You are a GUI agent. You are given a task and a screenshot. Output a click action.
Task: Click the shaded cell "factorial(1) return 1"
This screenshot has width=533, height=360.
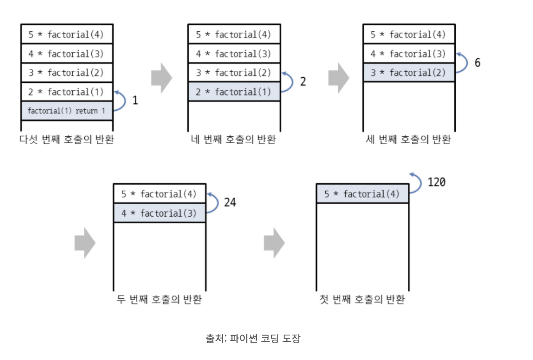(x=67, y=111)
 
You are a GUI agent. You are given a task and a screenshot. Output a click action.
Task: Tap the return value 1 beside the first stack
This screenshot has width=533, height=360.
(x=135, y=100)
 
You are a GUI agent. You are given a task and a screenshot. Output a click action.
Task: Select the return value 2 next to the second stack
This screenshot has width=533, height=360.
(x=303, y=82)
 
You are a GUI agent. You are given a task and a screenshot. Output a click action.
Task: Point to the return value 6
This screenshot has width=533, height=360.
(x=478, y=62)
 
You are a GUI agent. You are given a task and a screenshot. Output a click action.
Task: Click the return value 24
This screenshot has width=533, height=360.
(x=230, y=202)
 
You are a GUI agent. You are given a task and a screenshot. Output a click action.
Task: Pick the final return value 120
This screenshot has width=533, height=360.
(x=437, y=182)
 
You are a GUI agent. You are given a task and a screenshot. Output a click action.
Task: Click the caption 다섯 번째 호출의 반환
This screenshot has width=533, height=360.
(x=67, y=139)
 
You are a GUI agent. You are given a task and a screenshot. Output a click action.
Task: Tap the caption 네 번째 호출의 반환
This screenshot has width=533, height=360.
(x=233, y=139)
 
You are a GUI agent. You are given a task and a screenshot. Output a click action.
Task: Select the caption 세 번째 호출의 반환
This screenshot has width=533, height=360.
(x=408, y=139)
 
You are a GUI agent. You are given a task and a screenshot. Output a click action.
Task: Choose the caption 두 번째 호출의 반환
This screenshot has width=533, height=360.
(x=159, y=299)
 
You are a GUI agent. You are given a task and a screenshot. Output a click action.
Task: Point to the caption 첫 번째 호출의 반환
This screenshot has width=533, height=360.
(x=362, y=299)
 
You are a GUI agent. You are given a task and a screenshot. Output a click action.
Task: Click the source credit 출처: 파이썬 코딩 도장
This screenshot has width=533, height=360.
(x=253, y=339)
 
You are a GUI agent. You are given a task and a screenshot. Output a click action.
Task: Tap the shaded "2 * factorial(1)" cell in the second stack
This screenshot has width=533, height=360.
(x=234, y=92)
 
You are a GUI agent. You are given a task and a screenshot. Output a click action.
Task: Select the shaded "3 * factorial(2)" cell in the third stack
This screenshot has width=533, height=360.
(x=409, y=72)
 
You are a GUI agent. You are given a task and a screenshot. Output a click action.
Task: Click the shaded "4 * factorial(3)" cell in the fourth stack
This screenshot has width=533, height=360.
(x=160, y=213)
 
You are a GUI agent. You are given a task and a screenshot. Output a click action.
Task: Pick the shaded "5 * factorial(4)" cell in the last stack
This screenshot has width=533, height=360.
(x=362, y=194)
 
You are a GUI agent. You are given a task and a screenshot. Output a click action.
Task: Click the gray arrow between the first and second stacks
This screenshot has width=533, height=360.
(x=162, y=78)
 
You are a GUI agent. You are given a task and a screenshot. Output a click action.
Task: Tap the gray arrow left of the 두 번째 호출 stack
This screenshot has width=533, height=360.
(x=85, y=243)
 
